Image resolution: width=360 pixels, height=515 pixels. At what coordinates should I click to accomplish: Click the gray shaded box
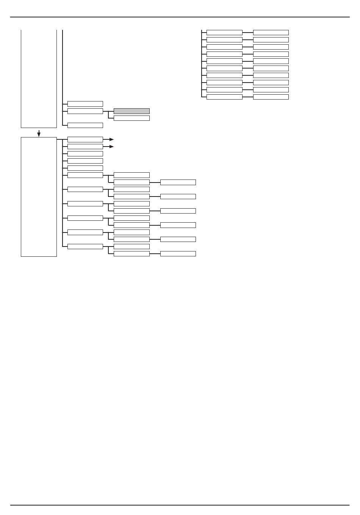pos(131,111)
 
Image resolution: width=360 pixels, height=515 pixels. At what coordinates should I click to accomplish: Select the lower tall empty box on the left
pos(39,197)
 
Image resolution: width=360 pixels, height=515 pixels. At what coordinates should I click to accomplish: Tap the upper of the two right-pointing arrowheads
pos(111,139)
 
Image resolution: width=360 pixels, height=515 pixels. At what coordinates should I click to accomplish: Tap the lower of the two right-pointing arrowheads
pos(111,147)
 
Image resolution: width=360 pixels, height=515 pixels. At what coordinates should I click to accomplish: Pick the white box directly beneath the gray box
pos(131,118)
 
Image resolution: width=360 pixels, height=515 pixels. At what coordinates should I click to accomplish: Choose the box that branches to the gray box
pos(85,111)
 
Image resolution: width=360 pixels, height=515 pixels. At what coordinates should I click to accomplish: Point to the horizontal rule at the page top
pos(180,17)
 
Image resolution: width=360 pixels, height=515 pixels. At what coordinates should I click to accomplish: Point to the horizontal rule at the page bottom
pos(180,505)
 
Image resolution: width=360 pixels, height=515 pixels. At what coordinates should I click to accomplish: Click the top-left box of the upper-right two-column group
pos(224,33)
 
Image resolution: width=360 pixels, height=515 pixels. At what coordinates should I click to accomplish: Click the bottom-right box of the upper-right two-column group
pos(271,97)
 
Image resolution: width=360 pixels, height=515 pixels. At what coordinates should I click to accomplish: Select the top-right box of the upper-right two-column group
pos(271,33)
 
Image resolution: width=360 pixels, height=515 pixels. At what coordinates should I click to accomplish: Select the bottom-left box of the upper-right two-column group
pos(224,97)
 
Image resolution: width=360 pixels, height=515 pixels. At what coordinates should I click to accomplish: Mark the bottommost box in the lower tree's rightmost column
pos(178,254)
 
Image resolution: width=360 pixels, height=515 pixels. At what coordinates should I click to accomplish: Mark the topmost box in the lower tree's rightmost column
pos(178,182)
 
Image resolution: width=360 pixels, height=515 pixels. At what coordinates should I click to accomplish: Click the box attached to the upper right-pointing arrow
pos(85,139)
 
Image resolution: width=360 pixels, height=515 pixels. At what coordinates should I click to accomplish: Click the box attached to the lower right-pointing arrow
pos(85,147)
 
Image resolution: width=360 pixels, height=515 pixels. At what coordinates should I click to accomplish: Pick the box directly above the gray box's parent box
pos(85,104)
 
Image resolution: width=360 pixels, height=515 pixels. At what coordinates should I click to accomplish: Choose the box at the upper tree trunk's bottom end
pos(85,125)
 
